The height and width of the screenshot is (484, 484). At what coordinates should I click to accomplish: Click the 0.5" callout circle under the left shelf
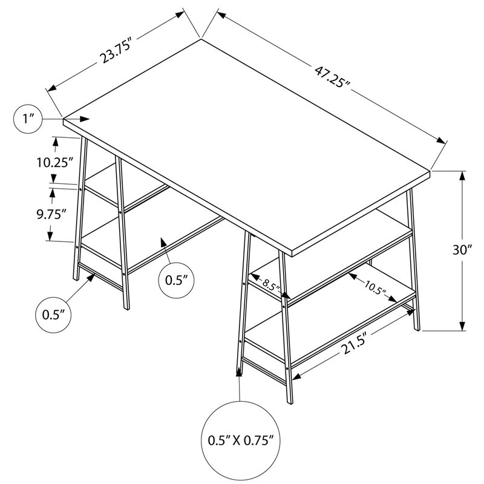tap(177, 280)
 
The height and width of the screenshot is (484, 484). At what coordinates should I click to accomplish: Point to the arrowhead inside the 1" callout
tap(84, 119)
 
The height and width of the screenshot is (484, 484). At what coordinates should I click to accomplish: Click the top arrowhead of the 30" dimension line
tap(462, 175)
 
